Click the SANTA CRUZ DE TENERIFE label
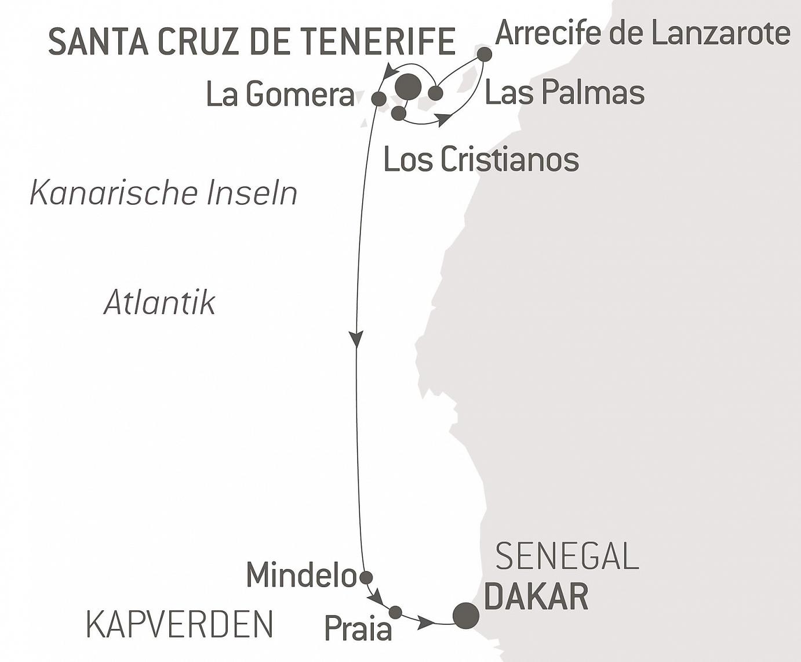(x=252, y=41)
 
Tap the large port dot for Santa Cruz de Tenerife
(x=408, y=86)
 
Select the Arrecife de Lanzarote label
(x=642, y=33)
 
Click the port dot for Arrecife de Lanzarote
(x=485, y=55)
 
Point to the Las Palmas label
(x=565, y=93)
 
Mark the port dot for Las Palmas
(x=435, y=92)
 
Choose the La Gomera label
(x=281, y=94)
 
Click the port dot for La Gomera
(x=378, y=97)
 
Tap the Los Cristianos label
(x=481, y=159)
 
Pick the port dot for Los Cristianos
(x=398, y=113)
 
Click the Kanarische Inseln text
(x=163, y=193)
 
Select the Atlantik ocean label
(x=159, y=303)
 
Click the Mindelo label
(x=301, y=575)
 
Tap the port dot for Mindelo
(x=366, y=577)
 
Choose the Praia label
(x=358, y=629)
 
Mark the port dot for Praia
(x=395, y=612)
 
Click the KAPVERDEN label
(x=180, y=624)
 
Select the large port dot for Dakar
(x=466, y=616)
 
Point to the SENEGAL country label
(x=567, y=556)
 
